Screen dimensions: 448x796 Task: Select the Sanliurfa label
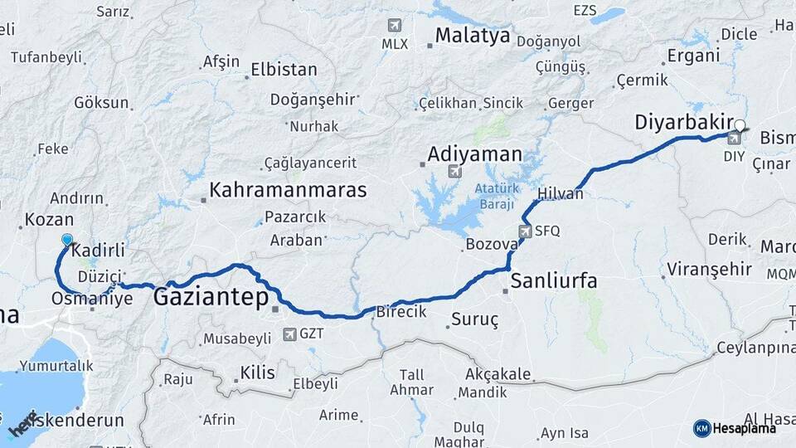click(x=554, y=280)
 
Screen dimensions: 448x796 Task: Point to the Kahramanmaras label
click(x=288, y=190)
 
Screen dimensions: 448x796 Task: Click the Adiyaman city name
click(x=475, y=154)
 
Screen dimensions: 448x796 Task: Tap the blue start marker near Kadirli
click(x=67, y=240)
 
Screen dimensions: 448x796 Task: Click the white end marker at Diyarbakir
click(x=740, y=125)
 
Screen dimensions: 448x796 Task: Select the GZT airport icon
click(x=289, y=334)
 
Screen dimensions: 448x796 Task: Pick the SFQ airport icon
click(x=525, y=231)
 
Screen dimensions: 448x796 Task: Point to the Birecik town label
click(x=401, y=312)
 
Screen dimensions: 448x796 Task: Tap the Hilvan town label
click(x=561, y=193)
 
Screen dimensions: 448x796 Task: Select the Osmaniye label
click(x=92, y=299)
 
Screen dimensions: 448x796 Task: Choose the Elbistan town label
click(x=284, y=70)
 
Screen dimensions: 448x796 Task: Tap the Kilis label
click(x=257, y=373)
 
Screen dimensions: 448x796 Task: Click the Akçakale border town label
click(x=498, y=374)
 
